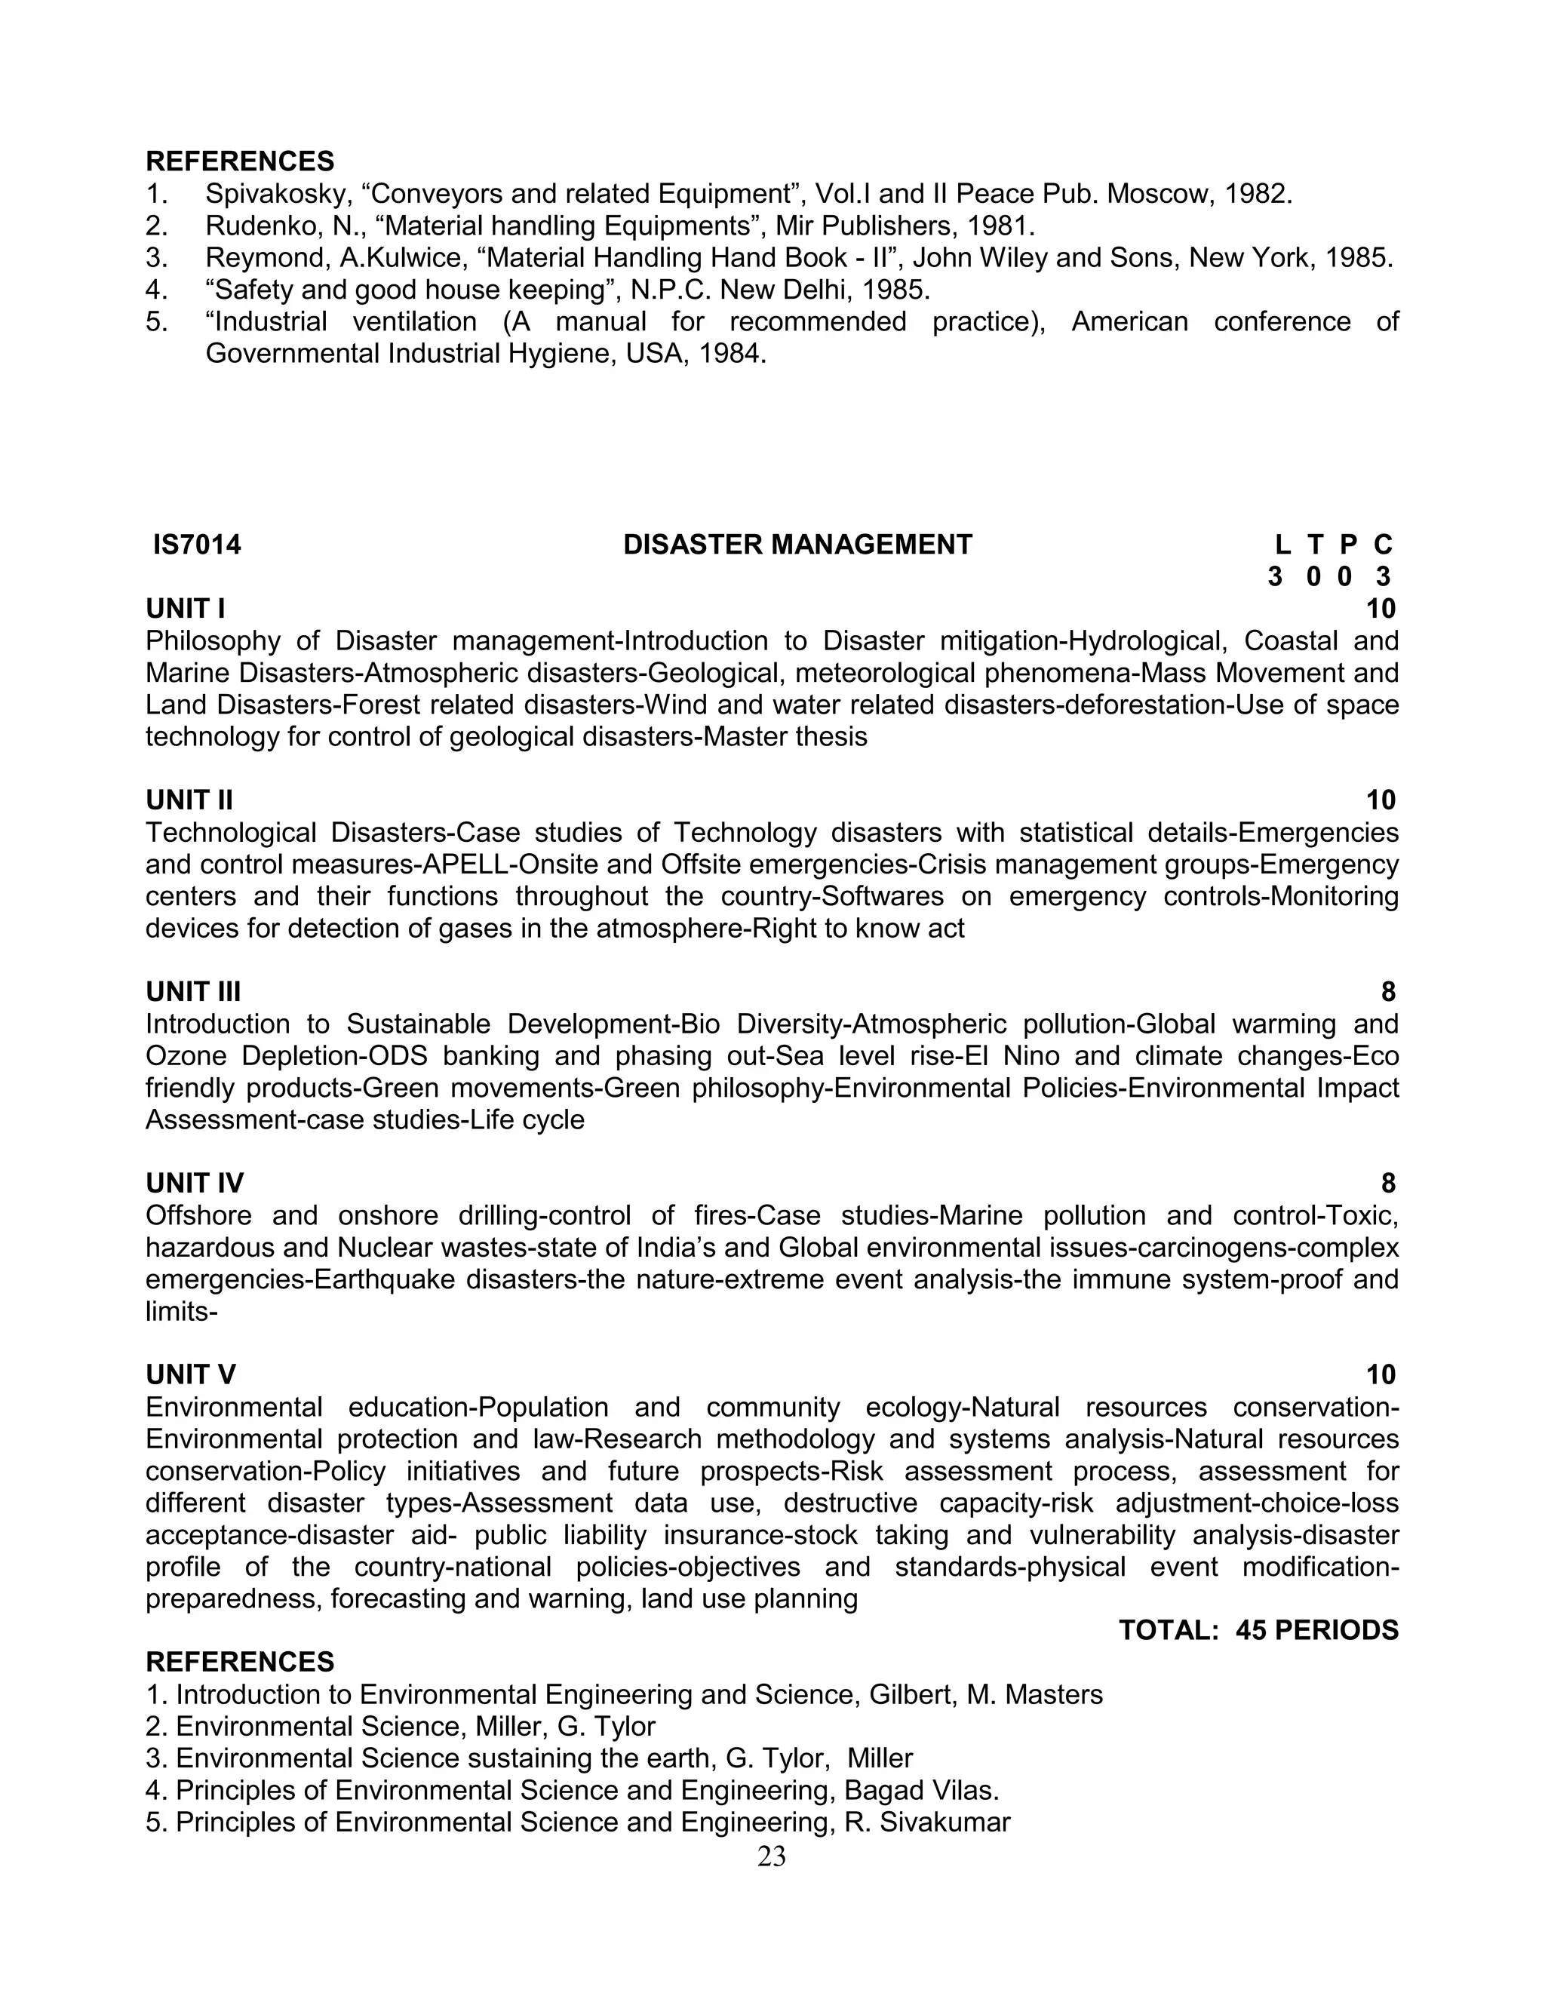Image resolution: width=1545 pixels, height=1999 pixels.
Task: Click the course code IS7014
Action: point(197,545)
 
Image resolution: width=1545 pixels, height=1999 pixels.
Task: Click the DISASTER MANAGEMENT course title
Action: point(797,545)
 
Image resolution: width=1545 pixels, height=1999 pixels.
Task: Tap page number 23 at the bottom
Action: point(772,1856)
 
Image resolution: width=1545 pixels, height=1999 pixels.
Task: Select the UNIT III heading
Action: point(193,991)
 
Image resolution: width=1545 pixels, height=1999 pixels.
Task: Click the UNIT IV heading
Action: point(195,1184)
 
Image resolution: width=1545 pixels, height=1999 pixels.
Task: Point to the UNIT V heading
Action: point(190,1374)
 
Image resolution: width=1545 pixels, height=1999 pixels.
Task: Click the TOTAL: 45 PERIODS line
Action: point(1258,1630)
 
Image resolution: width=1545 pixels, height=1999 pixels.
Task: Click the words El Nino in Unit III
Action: point(1013,1056)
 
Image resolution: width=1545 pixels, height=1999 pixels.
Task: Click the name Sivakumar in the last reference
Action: point(945,1822)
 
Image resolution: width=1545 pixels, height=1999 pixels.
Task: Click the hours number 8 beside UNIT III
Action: point(1387,991)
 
